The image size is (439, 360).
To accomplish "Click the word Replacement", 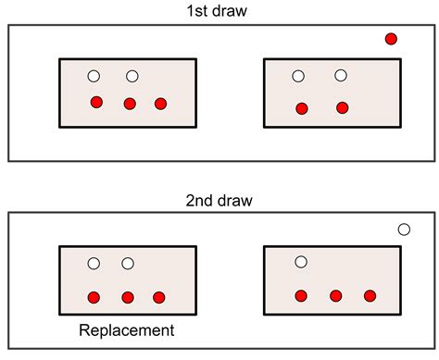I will pos(127,329).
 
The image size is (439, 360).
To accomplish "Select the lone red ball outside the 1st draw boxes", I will pos(391,39).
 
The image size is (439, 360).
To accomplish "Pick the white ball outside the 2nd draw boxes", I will pos(404,230).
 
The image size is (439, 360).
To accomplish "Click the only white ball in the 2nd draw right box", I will pos(301,262).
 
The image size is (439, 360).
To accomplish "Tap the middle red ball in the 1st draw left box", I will pos(130,103).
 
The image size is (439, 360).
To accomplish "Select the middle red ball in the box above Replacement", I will pos(128,297).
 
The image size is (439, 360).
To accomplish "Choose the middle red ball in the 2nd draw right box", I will pos(335,296).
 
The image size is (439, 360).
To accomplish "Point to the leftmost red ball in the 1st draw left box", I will pos(96,102).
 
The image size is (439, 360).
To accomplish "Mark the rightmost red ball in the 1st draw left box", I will pos(160,103).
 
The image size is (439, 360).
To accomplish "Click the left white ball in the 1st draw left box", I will pos(94,76).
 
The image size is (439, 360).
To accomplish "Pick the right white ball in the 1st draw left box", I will pos(132,76).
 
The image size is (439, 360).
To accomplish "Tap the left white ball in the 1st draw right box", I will pos(298,76).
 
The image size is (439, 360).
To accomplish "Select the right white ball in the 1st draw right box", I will pos(341,75).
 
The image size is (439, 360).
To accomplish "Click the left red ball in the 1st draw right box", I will pos(301,108).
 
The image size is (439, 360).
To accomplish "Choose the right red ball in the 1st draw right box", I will pos(342,107).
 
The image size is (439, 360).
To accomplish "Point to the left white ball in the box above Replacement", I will pos(94,264).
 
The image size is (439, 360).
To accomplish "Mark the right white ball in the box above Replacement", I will pos(128,264).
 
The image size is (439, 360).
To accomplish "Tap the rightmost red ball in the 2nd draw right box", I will pos(370,296).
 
